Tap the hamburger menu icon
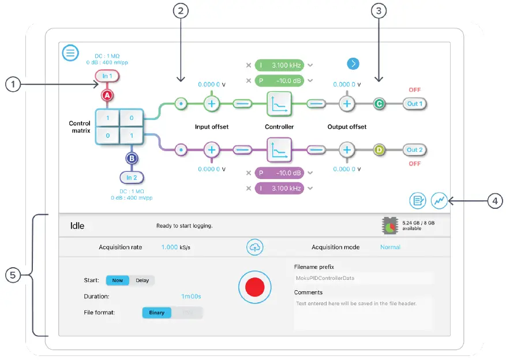[x=70, y=53]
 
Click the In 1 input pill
[x=107, y=76]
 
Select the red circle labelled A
[x=107, y=95]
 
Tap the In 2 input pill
[x=132, y=177]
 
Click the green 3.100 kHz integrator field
[x=280, y=66]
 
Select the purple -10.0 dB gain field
[x=280, y=173]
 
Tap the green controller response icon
[x=279, y=104]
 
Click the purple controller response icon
[x=279, y=149]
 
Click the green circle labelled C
[x=379, y=104]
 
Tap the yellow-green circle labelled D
[x=379, y=149]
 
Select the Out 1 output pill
[x=415, y=104]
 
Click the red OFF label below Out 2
[x=415, y=163]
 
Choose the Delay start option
[x=142, y=280]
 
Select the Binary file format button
[x=158, y=313]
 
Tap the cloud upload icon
[x=254, y=247]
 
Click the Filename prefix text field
[x=363, y=278]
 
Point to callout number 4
[x=494, y=201]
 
